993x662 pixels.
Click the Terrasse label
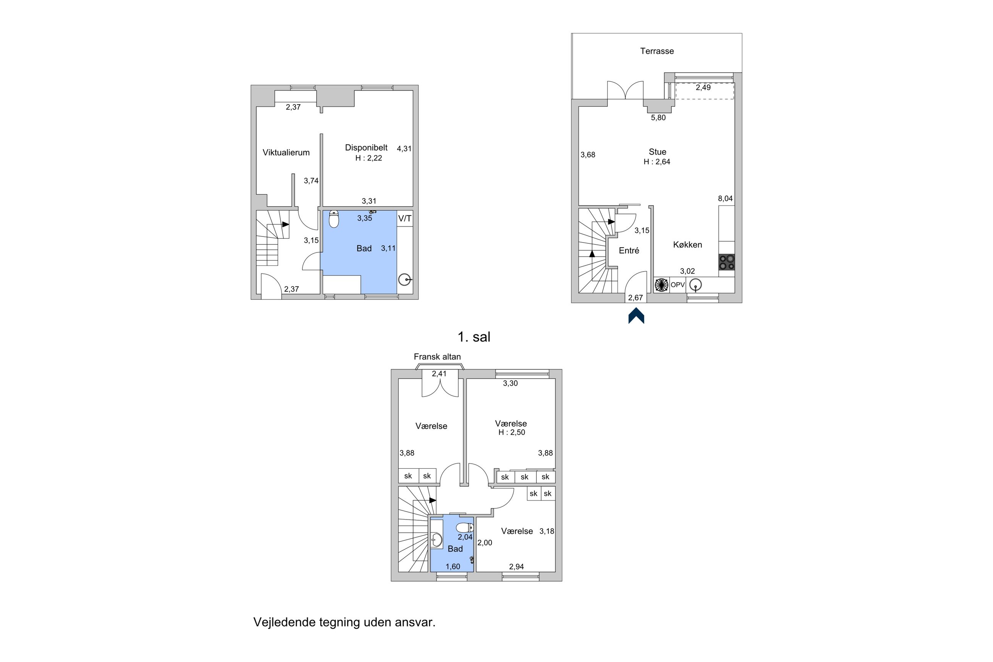click(657, 51)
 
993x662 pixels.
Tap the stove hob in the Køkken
click(727, 262)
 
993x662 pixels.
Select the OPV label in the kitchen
click(677, 285)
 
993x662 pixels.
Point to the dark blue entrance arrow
click(636, 316)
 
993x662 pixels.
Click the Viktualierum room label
click(286, 152)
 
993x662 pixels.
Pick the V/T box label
click(405, 219)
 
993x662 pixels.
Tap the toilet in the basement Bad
click(334, 219)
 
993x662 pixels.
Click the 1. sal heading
click(474, 337)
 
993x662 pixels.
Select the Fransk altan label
click(437, 357)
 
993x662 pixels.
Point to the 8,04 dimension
click(725, 198)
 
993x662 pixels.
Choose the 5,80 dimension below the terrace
click(658, 118)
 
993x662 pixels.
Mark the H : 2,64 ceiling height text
click(657, 162)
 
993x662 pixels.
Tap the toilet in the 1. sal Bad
click(465, 528)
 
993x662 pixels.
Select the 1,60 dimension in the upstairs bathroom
click(453, 567)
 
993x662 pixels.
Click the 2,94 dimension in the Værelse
click(516, 567)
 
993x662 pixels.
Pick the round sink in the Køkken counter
click(695, 285)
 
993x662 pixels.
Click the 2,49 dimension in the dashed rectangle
click(704, 88)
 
